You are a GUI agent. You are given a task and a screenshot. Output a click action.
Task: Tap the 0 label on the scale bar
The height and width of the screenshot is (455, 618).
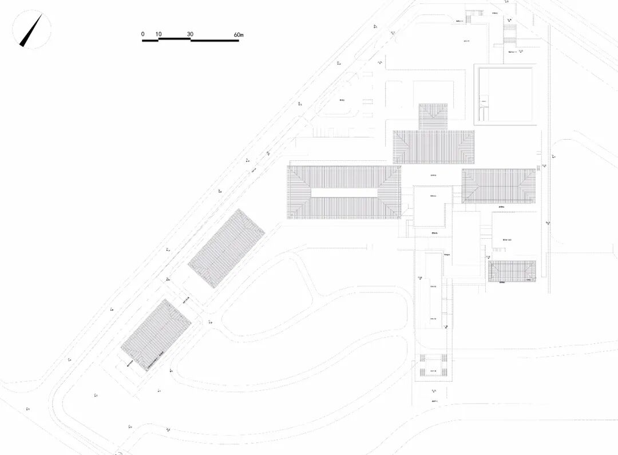[142, 34]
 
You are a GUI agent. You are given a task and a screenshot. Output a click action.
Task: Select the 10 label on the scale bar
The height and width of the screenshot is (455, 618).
[159, 34]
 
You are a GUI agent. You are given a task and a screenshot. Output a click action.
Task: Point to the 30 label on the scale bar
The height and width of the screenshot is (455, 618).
[190, 34]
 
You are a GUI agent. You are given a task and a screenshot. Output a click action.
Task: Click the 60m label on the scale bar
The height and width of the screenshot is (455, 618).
[239, 34]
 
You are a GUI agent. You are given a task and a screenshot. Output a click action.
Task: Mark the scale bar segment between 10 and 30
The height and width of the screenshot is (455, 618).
[174, 39]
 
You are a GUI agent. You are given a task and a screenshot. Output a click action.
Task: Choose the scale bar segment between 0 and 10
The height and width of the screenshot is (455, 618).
[150, 41]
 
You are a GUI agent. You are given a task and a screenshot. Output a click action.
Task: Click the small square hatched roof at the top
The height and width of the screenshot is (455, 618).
[433, 116]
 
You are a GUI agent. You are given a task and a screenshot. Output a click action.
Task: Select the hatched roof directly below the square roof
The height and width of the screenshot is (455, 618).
[433, 147]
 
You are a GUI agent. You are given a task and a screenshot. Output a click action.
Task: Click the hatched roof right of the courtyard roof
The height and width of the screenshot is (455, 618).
[498, 185]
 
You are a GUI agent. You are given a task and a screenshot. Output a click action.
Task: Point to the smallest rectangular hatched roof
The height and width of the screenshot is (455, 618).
[512, 271]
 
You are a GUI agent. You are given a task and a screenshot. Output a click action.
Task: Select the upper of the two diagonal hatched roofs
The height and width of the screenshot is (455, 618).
[227, 249]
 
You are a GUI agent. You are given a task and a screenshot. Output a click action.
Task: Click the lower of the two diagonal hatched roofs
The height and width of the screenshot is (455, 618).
[156, 335]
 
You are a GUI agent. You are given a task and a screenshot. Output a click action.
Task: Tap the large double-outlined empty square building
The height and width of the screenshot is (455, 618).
[507, 94]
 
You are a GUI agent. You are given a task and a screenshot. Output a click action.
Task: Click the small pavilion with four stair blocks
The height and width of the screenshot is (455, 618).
[433, 366]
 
